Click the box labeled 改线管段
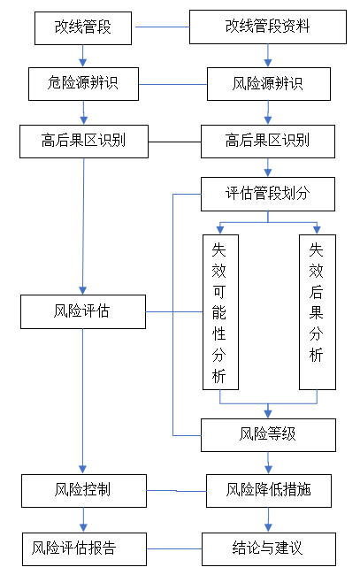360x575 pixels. coord(83,28)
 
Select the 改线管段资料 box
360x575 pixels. coord(268,27)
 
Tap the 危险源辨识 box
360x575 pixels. coord(83,84)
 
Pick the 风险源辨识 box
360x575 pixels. coord(269,84)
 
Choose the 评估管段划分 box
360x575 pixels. coord(268,194)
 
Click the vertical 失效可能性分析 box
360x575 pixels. coord(221,312)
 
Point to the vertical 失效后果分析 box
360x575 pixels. coord(318,312)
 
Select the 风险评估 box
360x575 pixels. coord(83,311)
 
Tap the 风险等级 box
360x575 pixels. coord(268,435)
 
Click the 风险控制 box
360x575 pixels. coord(84,491)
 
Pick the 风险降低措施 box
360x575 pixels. coord(269,491)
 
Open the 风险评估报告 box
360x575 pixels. coord(84,549)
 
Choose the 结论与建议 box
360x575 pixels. coord(269,549)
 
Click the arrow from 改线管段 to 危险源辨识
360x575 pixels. coord(83,56)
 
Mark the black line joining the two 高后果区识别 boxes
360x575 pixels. coord(174,142)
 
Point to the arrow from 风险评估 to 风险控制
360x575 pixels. coord(82,402)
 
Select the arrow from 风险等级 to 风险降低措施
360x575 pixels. coord(268,463)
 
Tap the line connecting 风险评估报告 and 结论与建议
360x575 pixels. coord(174,549)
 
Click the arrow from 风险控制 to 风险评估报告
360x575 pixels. coord(83,520)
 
